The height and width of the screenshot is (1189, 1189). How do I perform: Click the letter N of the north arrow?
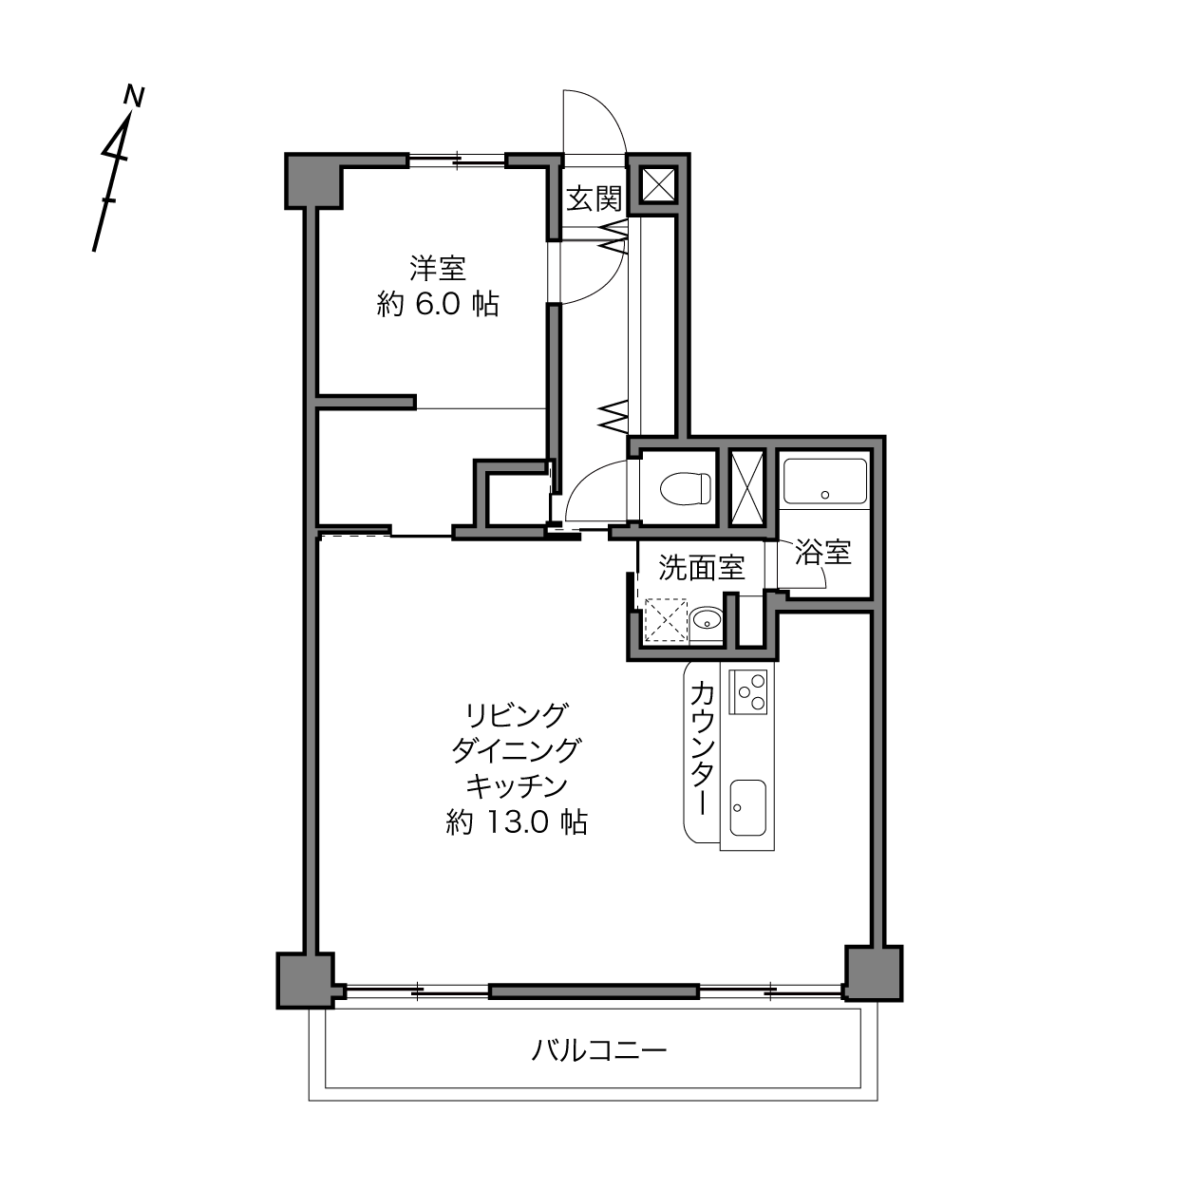pos(134,96)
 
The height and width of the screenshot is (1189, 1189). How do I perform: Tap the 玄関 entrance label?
pos(594,198)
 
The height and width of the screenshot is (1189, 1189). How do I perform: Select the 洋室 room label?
pos(438,269)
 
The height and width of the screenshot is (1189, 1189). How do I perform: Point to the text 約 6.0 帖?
pos(438,304)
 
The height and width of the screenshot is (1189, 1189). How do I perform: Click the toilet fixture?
pos(685,489)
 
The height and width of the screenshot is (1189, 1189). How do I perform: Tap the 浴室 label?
pos(823,552)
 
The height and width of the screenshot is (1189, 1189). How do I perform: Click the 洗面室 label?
pos(702,568)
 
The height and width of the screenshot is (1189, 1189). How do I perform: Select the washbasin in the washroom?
pos(707,619)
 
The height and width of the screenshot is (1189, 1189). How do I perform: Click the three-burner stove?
pos(747,692)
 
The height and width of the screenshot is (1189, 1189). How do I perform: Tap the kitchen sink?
pos(747,807)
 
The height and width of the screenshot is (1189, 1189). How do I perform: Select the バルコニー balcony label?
pos(600,1049)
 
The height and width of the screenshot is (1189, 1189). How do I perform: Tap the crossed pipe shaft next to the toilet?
pos(746,488)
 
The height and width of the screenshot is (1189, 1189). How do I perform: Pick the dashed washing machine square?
pos(665,619)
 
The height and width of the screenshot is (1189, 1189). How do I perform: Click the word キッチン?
pos(517,786)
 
